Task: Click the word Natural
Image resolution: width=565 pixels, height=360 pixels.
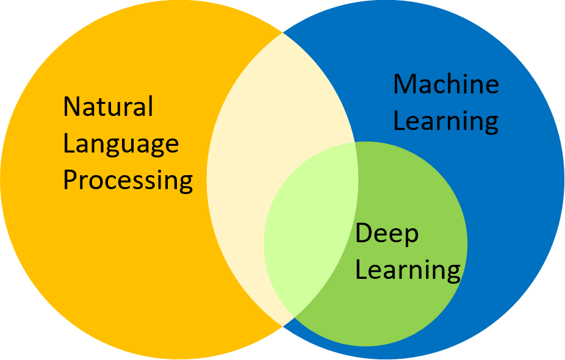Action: click(108, 107)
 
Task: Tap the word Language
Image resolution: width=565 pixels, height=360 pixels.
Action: click(121, 145)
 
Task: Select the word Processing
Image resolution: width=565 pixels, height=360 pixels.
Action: click(128, 181)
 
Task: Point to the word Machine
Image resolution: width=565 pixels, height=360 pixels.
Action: click(445, 84)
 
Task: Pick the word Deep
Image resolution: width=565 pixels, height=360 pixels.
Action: click(387, 234)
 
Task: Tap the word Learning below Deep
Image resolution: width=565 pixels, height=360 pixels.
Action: click(408, 270)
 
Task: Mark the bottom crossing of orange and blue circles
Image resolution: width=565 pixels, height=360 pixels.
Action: click(282, 326)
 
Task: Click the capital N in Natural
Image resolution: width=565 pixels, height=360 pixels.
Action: click(72, 107)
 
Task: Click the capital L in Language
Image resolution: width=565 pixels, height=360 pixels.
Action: click(68, 144)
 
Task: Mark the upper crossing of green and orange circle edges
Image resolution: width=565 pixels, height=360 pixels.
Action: click(355, 143)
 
